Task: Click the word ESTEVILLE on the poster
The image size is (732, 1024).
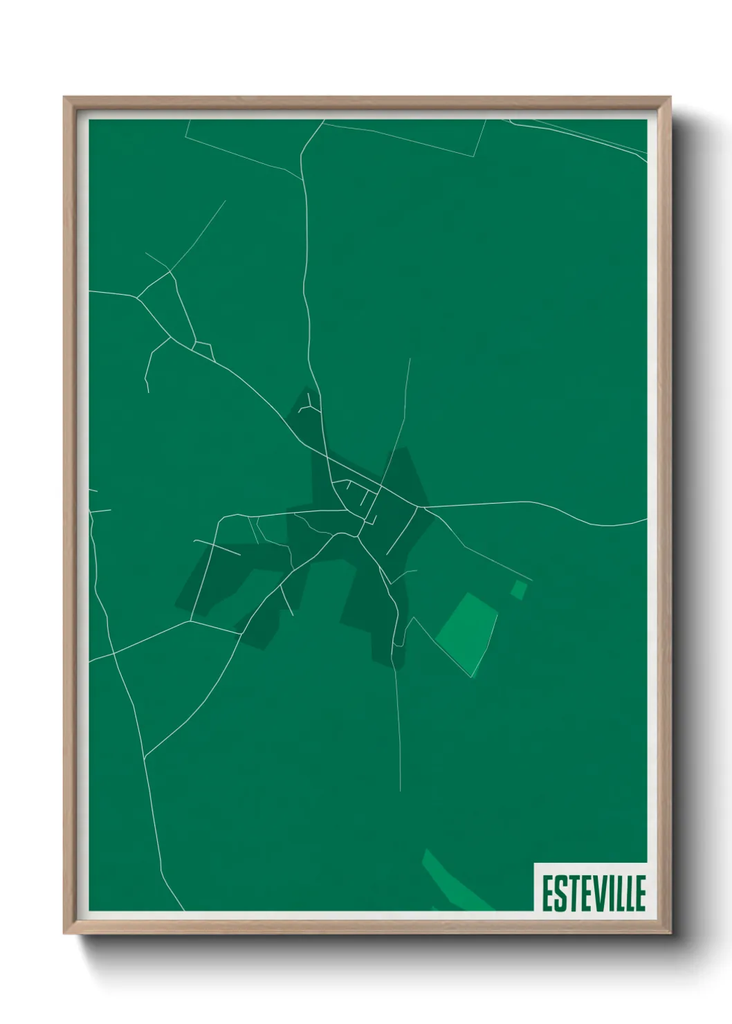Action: tap(594, 893)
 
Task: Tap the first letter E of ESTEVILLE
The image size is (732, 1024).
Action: tap(547, 893)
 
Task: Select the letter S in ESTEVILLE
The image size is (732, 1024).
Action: tap(558, 893)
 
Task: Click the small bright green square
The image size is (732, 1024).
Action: tap(519, 589)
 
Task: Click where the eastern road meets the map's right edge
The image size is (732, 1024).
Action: tap(646, 519)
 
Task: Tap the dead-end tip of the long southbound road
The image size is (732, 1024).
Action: tap(401, 790)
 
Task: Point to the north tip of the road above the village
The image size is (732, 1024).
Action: tap(410, 358)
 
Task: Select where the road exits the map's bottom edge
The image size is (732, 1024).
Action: tap(184, 910)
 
